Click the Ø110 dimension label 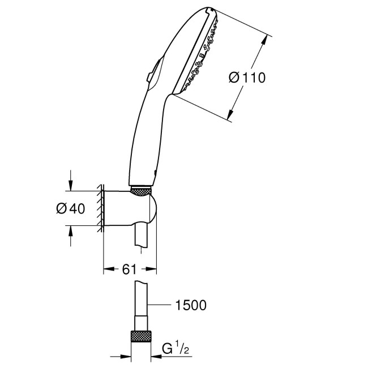pos(247,78)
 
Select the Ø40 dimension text pos(70,208)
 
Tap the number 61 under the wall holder pos(129,269)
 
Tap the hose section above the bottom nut pos(143,306)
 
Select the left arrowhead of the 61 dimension pos(106,269)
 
